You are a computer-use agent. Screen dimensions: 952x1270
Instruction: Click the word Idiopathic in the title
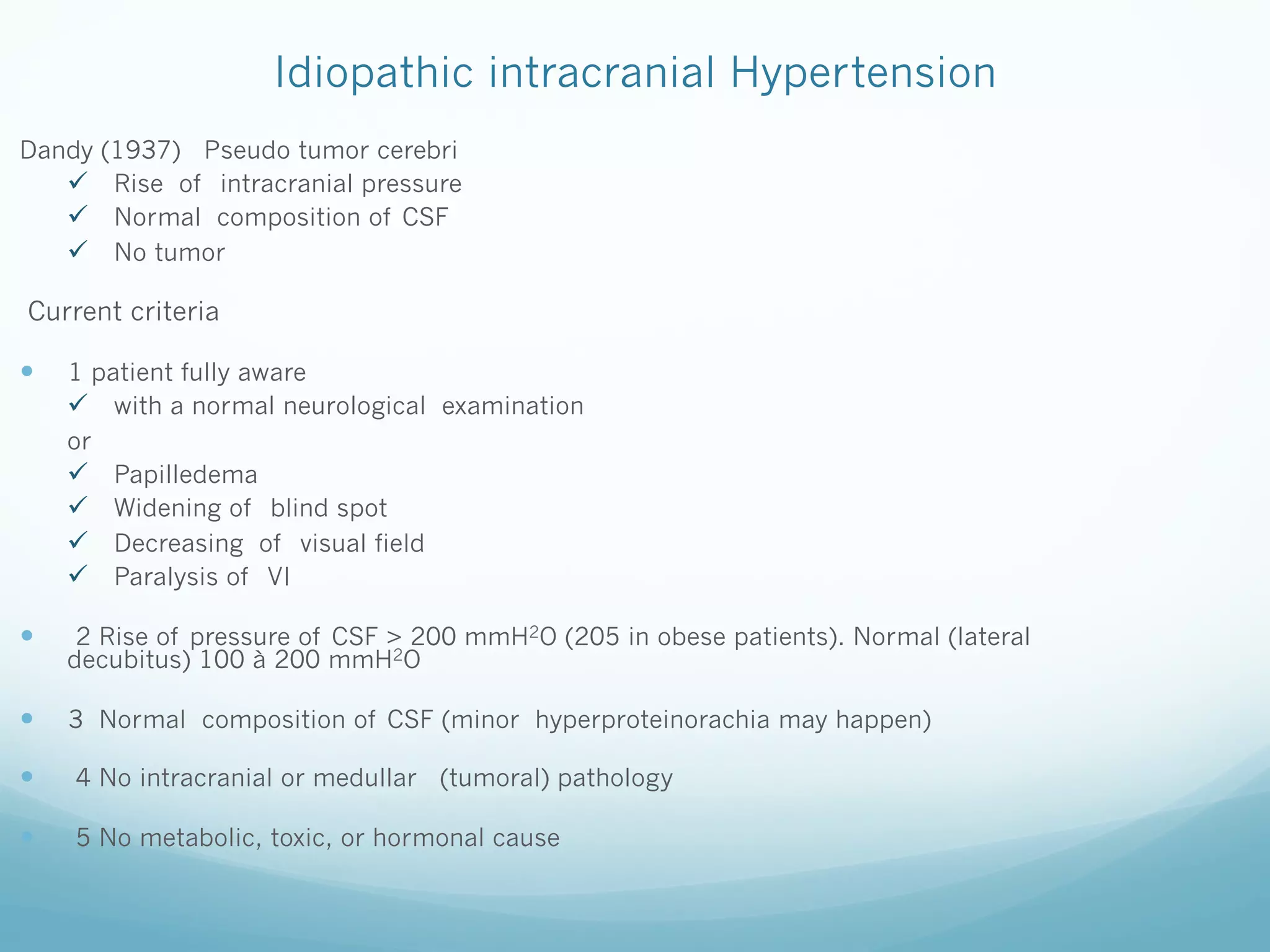(x=374, y=73)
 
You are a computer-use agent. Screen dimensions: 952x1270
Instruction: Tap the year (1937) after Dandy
(x=141, y=151)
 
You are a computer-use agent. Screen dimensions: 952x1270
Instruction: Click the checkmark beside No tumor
(x=78, y=250)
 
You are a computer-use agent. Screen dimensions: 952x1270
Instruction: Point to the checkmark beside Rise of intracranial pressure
(x=78, y=182)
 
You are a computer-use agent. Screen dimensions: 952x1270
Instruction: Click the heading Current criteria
(x=123, y=311)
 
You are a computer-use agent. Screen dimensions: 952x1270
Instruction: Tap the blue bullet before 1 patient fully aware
(x=27, y=371)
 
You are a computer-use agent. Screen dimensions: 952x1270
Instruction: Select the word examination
(x=512, y=406)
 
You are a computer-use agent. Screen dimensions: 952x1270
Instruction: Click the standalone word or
(x=79, y=442)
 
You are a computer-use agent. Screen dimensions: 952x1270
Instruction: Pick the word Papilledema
(x=185, y=475)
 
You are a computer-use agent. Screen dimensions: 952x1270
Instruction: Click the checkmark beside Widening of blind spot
(x=78, y=506)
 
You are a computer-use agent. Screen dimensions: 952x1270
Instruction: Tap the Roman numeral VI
(x=278, y=577)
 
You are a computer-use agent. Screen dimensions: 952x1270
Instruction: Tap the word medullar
(x=365, y=778)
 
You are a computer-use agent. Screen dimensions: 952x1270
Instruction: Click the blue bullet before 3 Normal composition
(x=27, y=718)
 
